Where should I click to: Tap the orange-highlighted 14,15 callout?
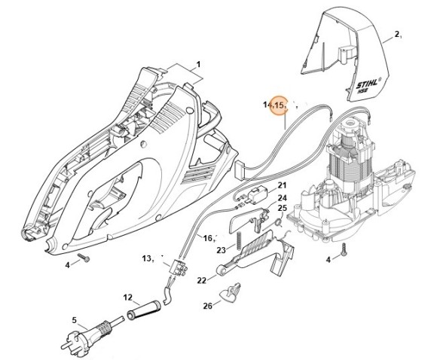click(277, 105)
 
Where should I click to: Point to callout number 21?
click(261, 185)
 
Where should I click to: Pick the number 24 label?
click(261, 199)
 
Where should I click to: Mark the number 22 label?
click(202, 279)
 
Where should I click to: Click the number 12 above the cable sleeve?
click(127, 297)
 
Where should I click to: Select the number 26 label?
click(207, 306)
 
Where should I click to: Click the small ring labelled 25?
click(277, 221)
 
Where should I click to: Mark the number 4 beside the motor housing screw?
click(327, 260)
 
